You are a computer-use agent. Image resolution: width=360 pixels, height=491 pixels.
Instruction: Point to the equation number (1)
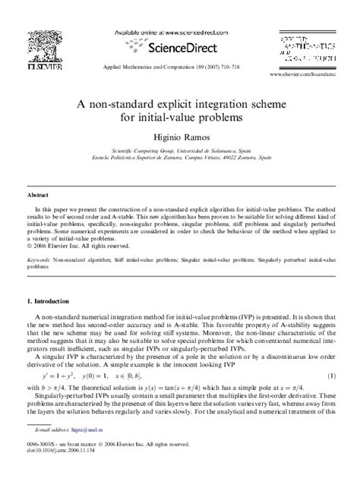pyautogui.click(x=331, y=376)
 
